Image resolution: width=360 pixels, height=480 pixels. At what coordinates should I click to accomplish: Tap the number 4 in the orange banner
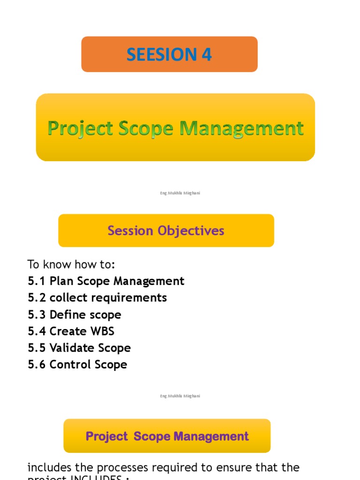click(207, 55)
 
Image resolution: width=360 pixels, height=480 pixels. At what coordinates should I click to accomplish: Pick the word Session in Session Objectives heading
click(130, 231)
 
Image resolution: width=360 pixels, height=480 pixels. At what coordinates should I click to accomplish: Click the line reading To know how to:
click(71, 264)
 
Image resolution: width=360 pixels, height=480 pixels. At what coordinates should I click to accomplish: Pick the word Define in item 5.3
click(68, 315)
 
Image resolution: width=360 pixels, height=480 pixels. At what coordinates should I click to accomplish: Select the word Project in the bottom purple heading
click(106, 436)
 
